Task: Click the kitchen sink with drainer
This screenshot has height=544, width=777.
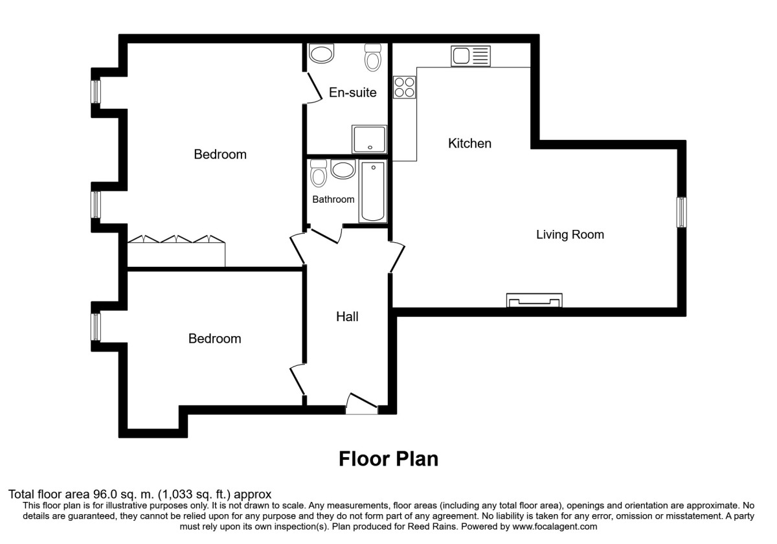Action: [470, 56]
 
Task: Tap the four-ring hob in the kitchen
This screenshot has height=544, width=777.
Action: [404, 87]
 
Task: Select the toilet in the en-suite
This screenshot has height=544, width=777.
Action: [373, 57]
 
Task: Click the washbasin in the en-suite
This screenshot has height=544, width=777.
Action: [321, 53]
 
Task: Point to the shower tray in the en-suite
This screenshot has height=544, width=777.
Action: [369, 139]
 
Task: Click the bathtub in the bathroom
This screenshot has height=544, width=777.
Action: [373, 191]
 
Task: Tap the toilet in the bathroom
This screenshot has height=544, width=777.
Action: [319, 174]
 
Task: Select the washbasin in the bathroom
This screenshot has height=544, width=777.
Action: [343, 169]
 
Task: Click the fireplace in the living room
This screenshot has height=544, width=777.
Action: [534, 300]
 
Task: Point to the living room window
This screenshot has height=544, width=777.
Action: [682, 212]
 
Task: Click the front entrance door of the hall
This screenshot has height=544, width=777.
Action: [362, 403]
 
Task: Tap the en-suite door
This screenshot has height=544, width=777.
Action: [313, 87]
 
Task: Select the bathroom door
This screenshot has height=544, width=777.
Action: [324, 234]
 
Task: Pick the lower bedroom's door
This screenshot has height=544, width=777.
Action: [298, 380]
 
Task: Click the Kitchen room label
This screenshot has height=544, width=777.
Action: [469, 143]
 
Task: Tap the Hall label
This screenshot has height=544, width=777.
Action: [347, 317]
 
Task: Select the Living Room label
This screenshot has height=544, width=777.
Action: [570, 234]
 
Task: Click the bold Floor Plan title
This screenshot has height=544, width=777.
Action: [388, 459]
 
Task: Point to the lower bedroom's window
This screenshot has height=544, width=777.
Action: [96, 327]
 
